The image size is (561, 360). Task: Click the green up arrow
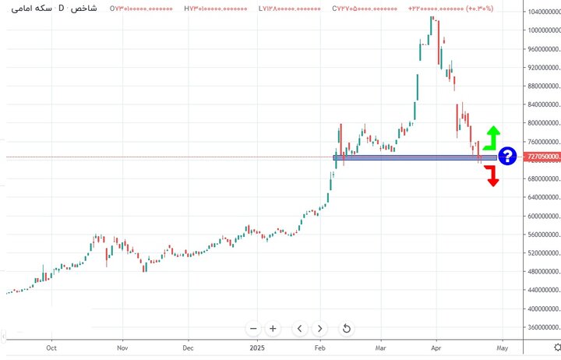[x=491, y=137]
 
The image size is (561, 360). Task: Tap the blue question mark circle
[x=507, y=157]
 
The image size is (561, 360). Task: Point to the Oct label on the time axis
[x=51, y=348]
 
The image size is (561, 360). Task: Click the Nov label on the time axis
[x=122, y=348]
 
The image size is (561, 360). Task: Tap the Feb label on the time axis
[x=319, y=348]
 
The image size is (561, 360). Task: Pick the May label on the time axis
[x=503, y=348]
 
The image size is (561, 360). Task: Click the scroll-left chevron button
[x=300, y=329]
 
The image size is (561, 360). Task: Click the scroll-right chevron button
[x=320, y=329]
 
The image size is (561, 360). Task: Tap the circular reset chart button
[x=347, y=329]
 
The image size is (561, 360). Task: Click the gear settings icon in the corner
[x=555, y=348]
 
